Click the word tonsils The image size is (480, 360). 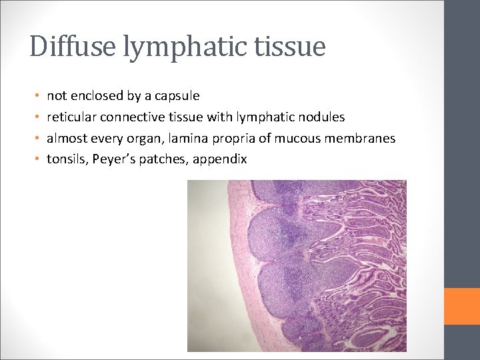click(x=65, y=159)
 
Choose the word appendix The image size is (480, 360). click(x=221, y=160)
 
